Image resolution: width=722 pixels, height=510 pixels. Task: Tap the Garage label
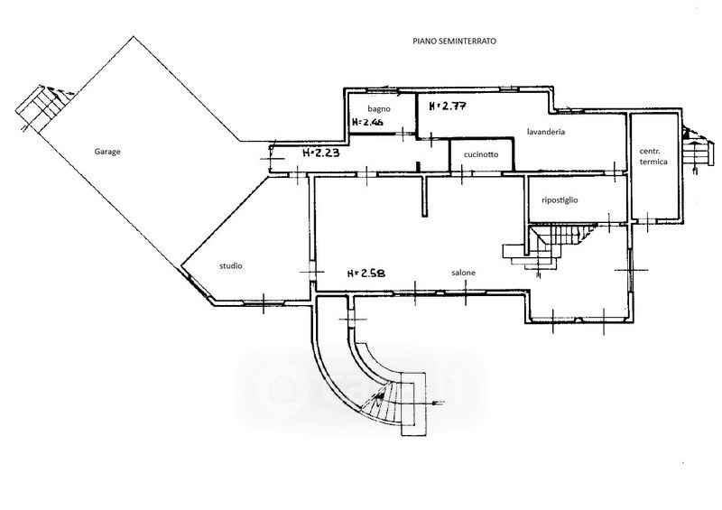coord(107,152)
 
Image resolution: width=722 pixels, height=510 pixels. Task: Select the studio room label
coord(230,265)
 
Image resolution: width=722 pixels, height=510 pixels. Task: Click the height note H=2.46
coord(368,122)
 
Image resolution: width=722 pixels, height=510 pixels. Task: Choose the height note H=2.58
coord(367,273)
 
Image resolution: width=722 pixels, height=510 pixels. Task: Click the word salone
coord(464,273)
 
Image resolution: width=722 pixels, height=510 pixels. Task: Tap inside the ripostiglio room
coord(577,208)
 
